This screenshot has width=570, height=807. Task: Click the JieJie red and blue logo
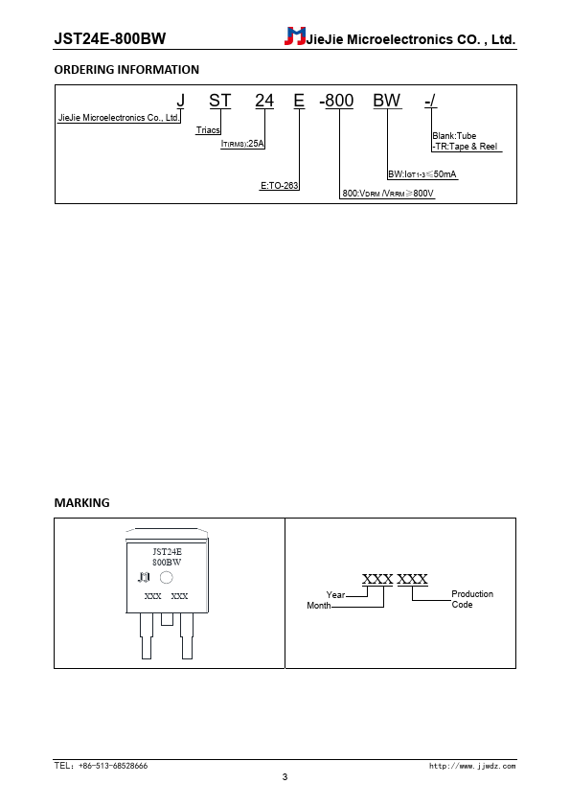pyautogui.click(x=295, y=36)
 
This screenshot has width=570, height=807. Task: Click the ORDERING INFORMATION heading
pyautogui.click(x=126, y=69)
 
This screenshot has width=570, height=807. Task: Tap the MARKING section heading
pyautogui.click(x=81, y=503)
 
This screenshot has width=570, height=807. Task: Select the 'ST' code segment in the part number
pyautogui.click(x=219, y=101)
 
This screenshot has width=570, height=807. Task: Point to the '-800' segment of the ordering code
pyautogui.click(x=336, y=101)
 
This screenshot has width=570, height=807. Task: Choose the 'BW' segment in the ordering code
pyautogui.click(x=387, y=101)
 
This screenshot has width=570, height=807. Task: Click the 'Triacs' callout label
pyautogui.click(x=208, y=130)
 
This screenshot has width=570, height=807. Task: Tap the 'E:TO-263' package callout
pyautogui.click(x=280, y=185)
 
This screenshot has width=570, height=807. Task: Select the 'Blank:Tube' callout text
pyautogui.click(x=454, y=136)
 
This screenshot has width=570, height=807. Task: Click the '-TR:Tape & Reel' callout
pyautogui.click(x=465, y=147)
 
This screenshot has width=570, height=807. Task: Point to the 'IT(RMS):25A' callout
pyautogui.click(x=242, y=144)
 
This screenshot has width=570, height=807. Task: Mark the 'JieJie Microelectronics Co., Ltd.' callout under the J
pyautogui.click(x=119, y=117)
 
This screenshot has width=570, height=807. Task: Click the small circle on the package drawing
pyautogui.click(x=166, y=578)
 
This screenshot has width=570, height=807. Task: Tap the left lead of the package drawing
pyautogui.click(x=147, y=635)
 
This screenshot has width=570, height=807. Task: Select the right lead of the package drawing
pyautogui.click(x=187, y=635)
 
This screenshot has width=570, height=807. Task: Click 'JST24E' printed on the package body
pyautogui.click(x=168, y=552)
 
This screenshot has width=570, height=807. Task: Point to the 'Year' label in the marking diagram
pyautogui.click(x=335, y=595)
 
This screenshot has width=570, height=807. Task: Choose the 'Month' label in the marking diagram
pyautogui.click(x=319, y=606)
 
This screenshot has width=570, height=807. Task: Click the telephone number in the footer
pyautogui.click(x=101, y=766)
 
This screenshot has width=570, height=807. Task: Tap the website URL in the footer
pyautogui.click(x=472, y=767)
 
